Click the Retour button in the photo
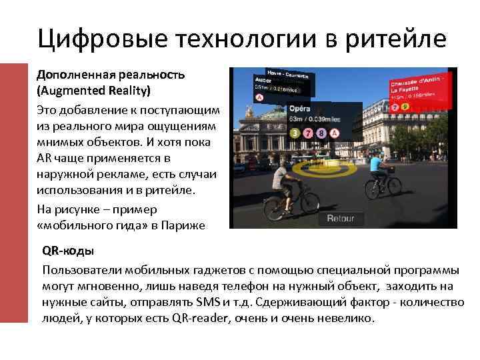coord(340,218)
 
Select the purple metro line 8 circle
coord(322,133)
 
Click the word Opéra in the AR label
coord(298,108)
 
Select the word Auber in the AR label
coord(263,79)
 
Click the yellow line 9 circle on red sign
coord(405,107)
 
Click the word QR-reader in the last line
coord(199,318)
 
